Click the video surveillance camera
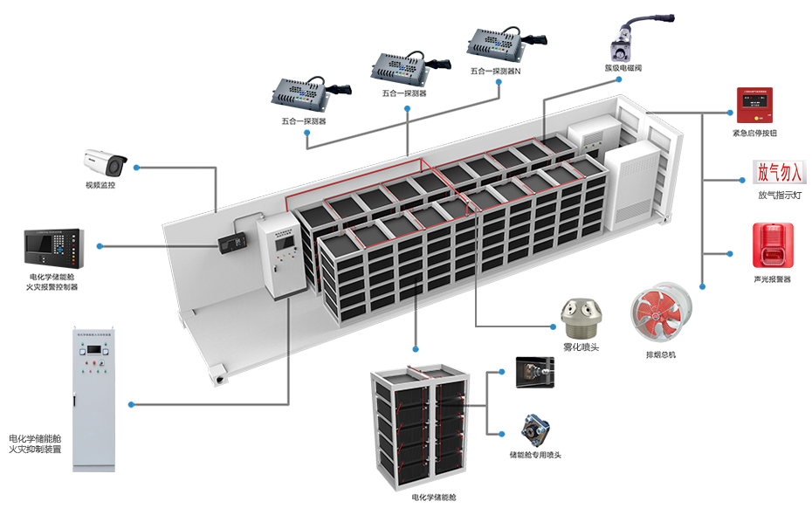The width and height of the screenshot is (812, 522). click(x=104, y=163)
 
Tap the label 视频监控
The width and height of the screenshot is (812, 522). click(x=100, y=185)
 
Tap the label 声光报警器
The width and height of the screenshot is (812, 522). click(x=772, y=280)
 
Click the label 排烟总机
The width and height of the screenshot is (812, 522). click(x=660, y=354)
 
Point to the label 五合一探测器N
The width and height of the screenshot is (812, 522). click(x=495, y=71)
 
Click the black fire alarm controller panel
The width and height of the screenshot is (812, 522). click(x=54, y=249)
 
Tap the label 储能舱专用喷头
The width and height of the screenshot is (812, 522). click(x=535, y=455)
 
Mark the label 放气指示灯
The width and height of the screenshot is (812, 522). click(x=779, y=196)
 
